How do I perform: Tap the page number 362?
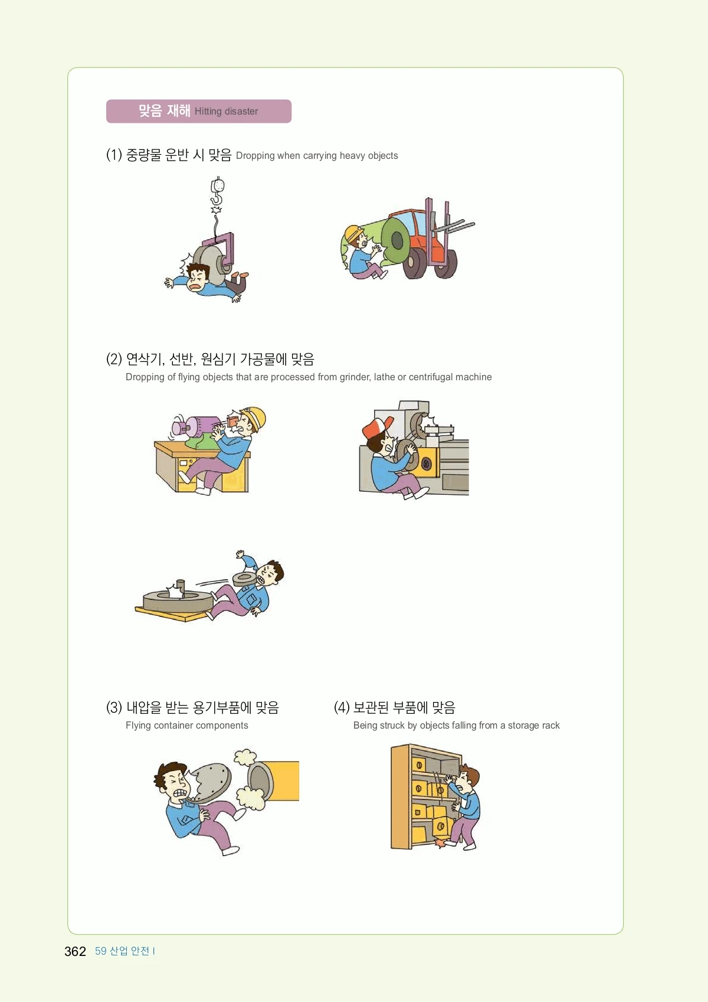(75, 951)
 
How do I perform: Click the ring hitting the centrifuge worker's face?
(244, 577)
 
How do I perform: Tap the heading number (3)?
(114, 708)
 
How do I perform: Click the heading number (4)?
(342, 708)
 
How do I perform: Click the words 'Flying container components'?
(187, 725)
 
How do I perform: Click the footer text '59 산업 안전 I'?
(124, 951)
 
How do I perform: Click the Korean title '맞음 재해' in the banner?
(164, 110)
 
